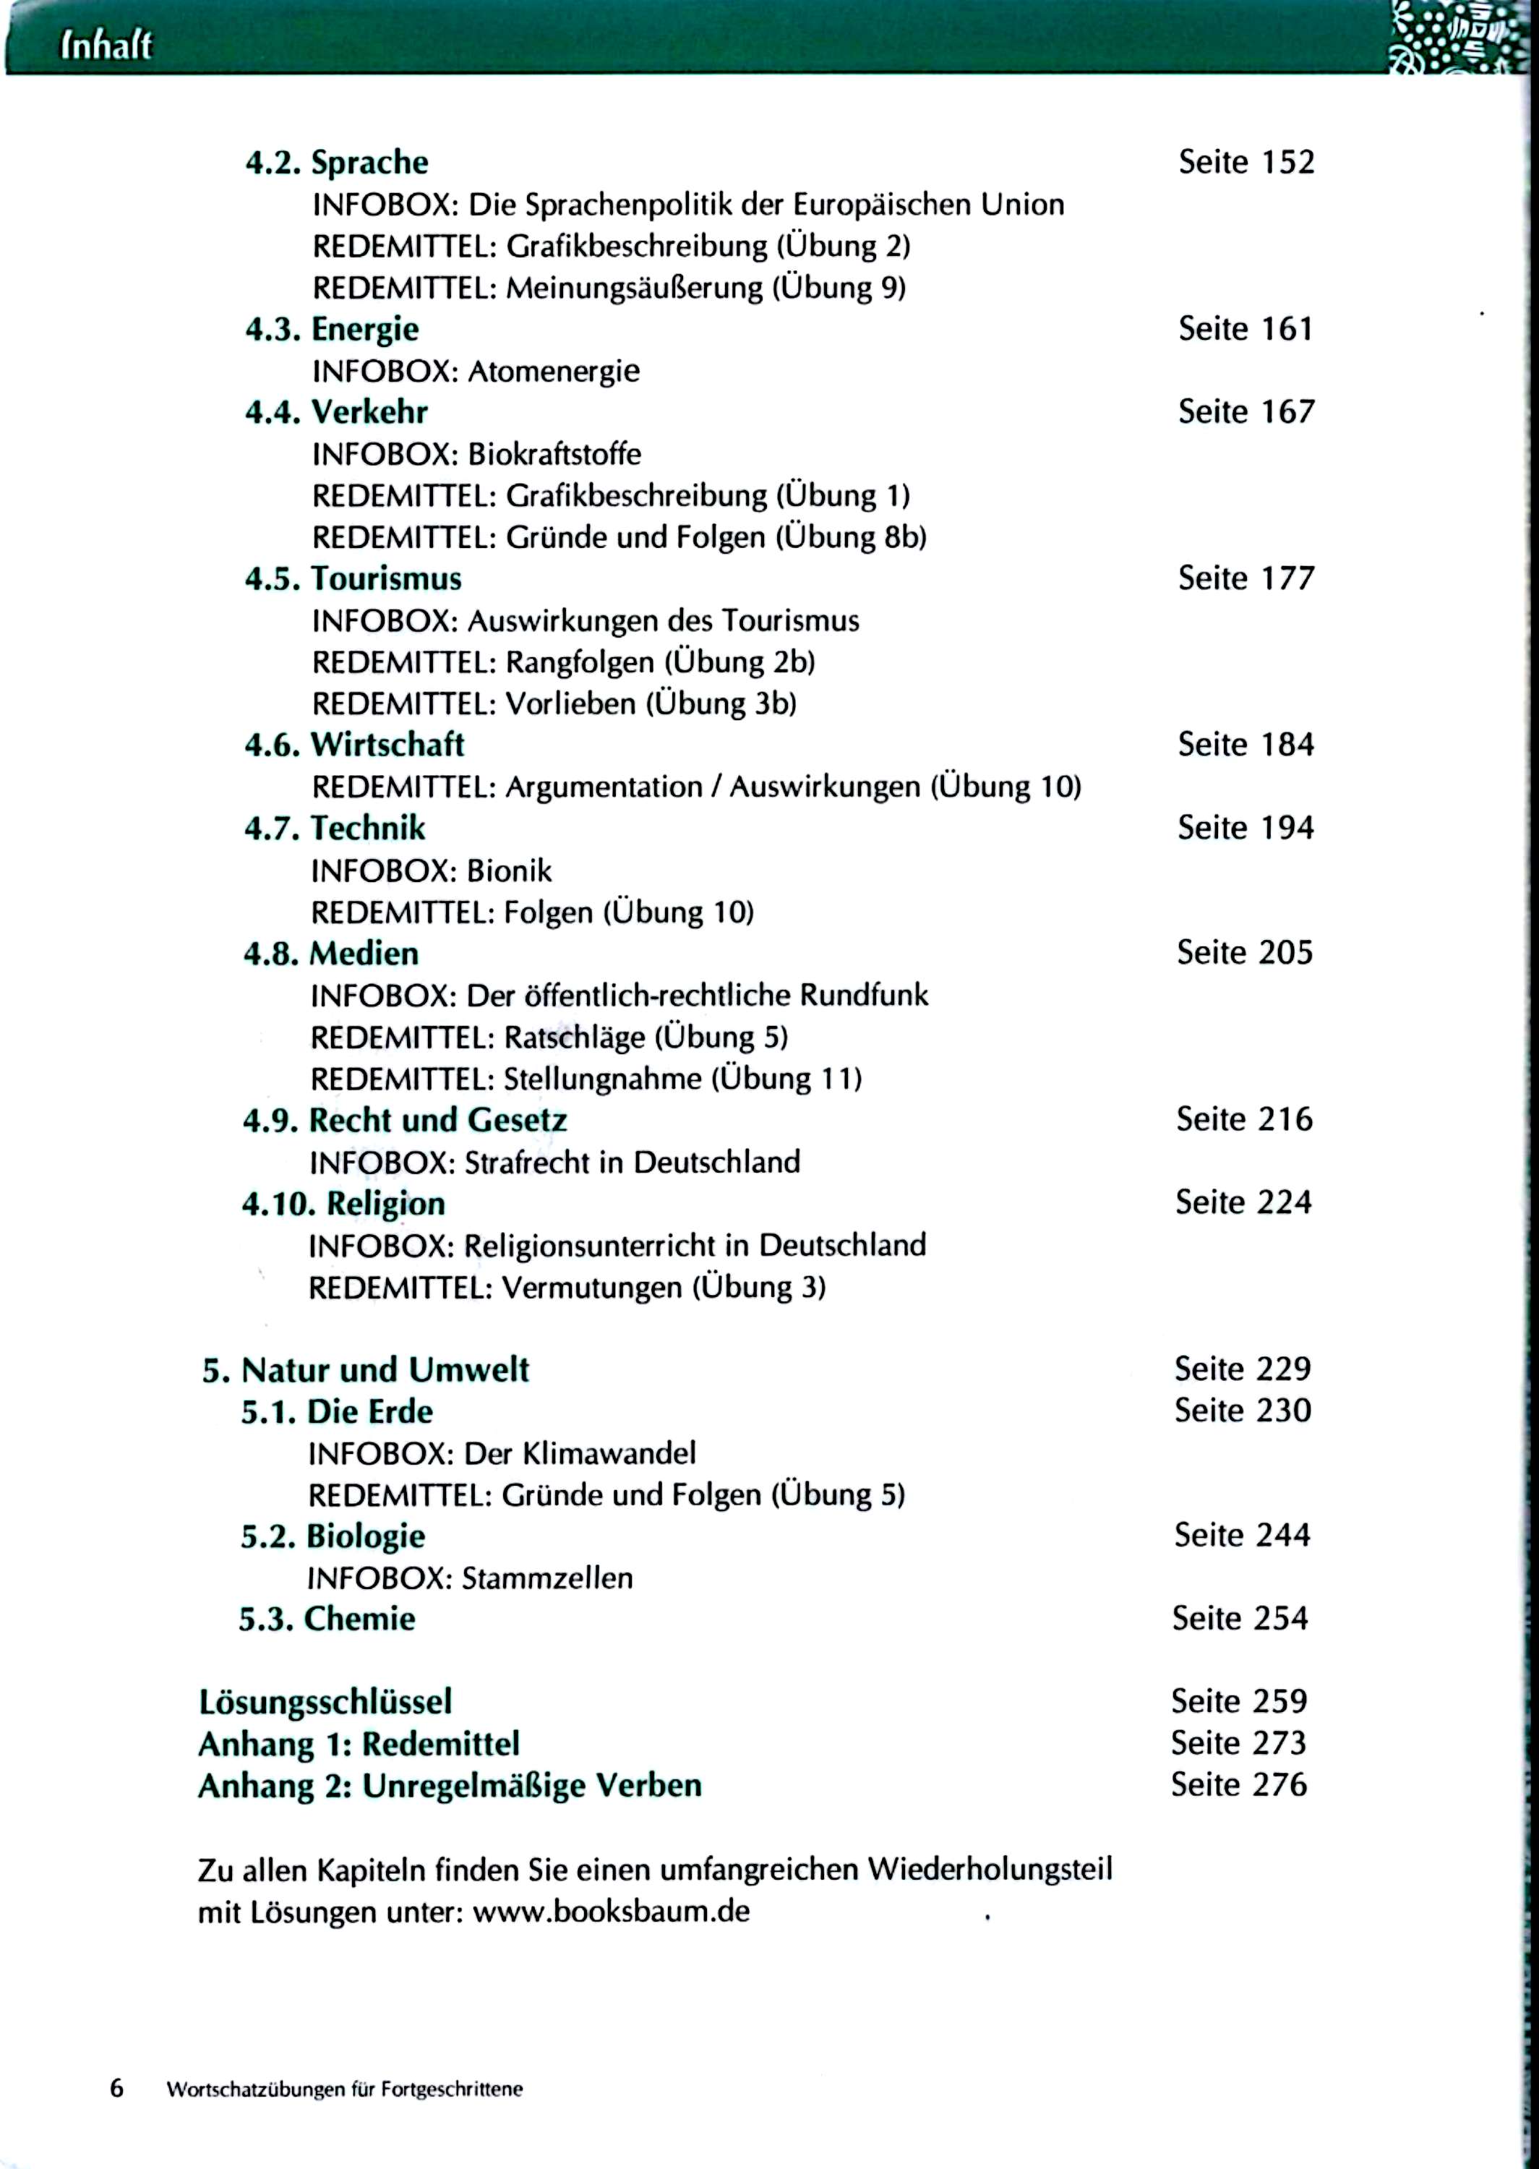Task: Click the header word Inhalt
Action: pyautogui.click(x=106, y=46)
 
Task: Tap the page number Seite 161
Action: pyautogui.click(x=1246, y=329)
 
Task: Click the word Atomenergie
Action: pyautogui.click(x=554, y=372)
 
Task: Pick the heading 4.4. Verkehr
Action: pyautogui.click(x=335, y=412)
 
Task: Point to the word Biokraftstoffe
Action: pyautogui.click(x=554, y=455)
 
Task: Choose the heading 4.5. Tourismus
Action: pyautogui.click(x=353, y=579)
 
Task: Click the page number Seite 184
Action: pyautogui.click(x=1246, y=745)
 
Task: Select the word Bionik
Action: pyautogui.click(x=509, y=870)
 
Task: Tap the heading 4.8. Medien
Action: pyautogui.click(x=331, y=953)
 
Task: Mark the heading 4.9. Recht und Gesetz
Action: pyautogui.click(x=405, y=1120)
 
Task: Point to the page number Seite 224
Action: pyautogui.click(x=1243, y=1202)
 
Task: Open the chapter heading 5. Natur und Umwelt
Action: pyautogui.click(x=365, y=1370)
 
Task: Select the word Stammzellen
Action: pyautogui.click(x=546, y=1578)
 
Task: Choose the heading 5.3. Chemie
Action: pyautogui.click(x=326, y=1620)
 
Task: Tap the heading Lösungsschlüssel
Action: pyautogui.click(x=325, y=1703)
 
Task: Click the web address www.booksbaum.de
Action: pyautogui.click(x=612, y=1912)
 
